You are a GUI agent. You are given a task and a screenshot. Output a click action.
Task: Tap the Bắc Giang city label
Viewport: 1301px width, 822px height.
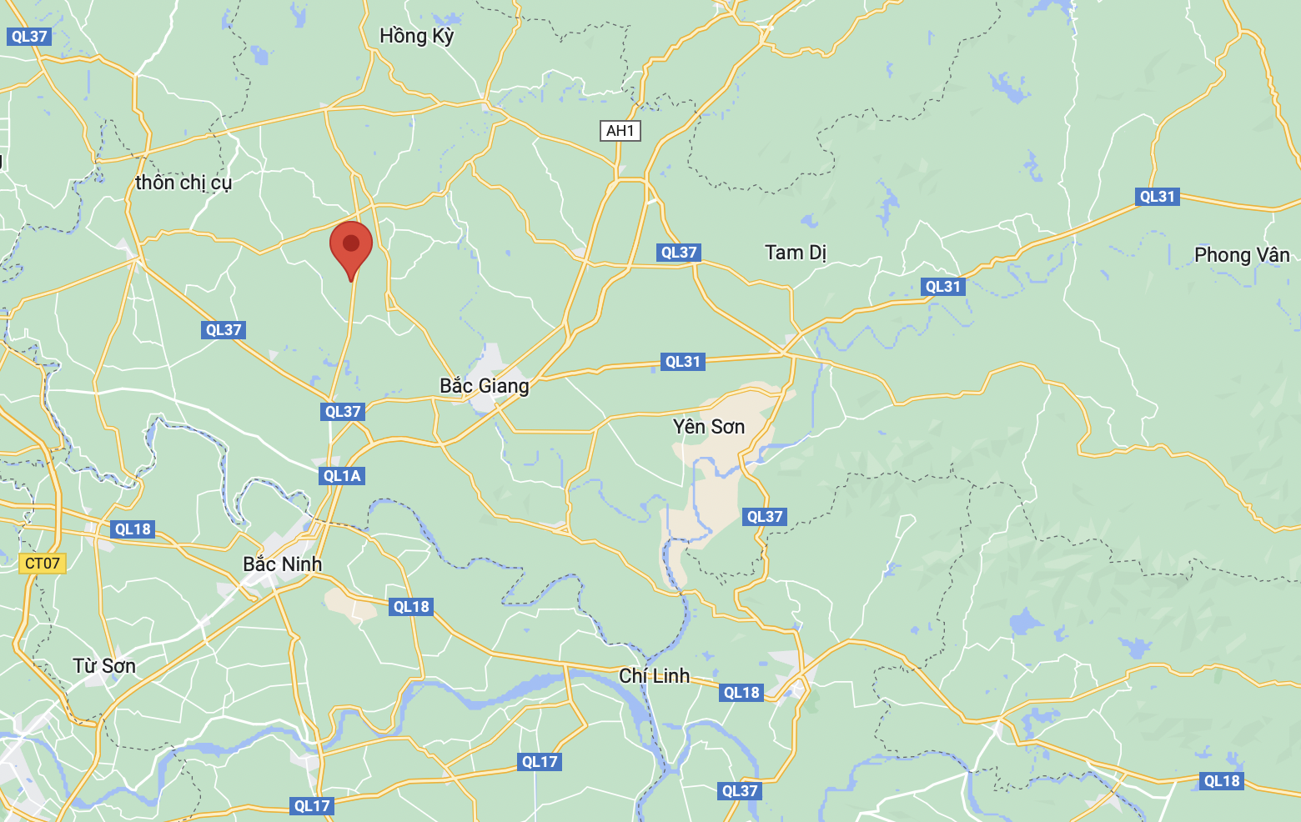484,386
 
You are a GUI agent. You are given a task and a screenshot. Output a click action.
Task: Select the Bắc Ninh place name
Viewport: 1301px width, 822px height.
282,564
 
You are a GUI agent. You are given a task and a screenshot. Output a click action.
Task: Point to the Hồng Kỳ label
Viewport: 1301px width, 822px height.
416,36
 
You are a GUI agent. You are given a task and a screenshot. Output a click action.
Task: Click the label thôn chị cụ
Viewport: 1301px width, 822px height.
183,183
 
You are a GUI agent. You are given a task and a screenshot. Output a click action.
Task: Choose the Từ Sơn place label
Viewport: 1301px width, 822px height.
104,666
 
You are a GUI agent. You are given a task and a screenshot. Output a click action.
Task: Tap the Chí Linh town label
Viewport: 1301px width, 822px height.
654,676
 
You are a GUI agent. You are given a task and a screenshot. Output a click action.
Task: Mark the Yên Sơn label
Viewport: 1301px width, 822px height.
708,427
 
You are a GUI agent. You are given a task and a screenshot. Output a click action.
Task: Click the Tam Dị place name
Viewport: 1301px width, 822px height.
796,253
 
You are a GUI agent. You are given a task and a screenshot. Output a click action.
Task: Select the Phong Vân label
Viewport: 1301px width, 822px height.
1242,255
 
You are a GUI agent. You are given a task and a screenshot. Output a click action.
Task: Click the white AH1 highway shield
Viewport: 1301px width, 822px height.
620,131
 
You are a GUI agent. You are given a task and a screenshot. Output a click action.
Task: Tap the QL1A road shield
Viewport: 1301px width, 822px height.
342,476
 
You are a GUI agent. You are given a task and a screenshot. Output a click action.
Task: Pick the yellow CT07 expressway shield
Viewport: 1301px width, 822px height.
43,564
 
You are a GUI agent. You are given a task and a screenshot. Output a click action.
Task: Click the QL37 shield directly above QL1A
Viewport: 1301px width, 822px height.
343,412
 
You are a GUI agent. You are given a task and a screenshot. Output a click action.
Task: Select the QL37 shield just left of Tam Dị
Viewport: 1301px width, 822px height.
679,253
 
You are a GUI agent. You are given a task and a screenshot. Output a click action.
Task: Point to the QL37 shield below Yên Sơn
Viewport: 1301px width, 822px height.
765,517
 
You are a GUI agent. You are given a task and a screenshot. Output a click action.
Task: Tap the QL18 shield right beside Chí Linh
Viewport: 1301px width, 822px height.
741,693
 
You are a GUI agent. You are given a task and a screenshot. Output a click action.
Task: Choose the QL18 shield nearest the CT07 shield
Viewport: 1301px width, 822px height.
133,529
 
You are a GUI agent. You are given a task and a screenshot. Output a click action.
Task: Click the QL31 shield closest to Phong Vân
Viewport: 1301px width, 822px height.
1157,197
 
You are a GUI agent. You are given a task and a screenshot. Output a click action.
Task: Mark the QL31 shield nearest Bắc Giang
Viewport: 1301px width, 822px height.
683,362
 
